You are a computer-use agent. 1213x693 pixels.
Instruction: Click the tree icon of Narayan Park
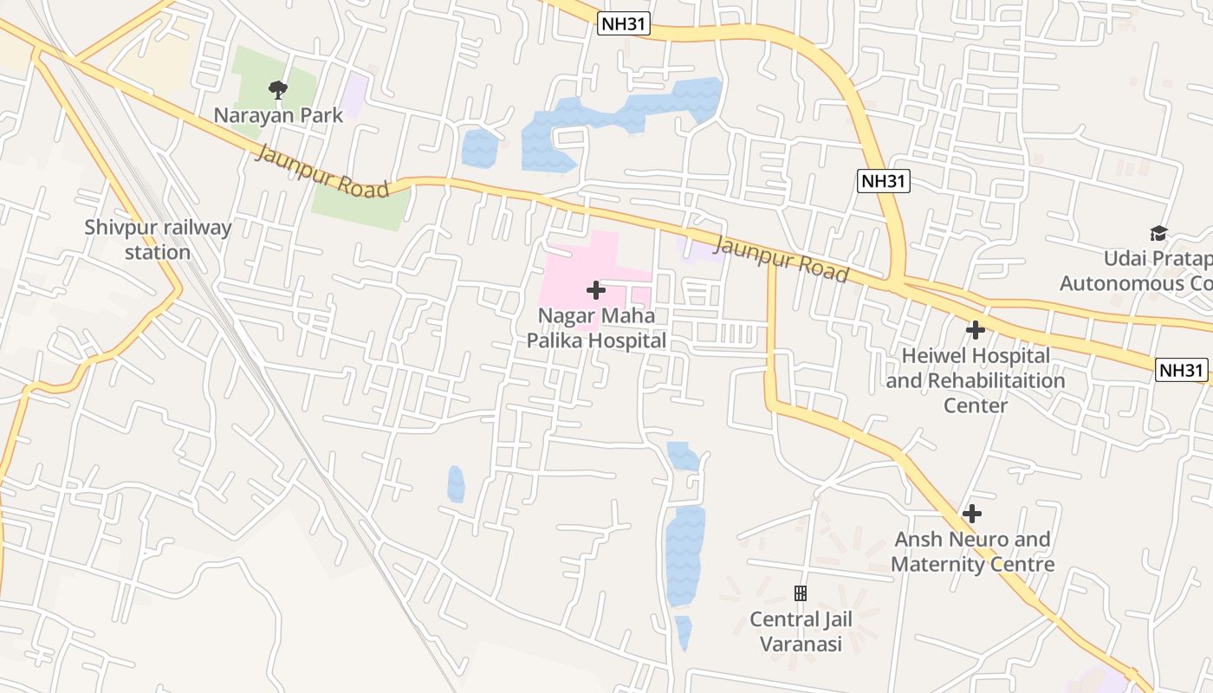[x=278, y=88]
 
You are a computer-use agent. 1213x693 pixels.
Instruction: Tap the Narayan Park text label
[x=278, y=115]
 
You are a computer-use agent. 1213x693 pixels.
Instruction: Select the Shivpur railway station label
[x=158, y=240]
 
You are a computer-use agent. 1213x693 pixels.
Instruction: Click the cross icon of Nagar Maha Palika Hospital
[x=596, y=290]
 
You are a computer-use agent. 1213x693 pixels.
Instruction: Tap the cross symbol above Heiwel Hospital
[x=976, y=330]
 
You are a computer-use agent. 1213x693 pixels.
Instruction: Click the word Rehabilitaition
[x=996, y=380]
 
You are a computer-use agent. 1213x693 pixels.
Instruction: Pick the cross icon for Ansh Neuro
[x=972, y=514]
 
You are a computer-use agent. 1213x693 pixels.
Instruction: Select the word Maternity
[x=940, y=565]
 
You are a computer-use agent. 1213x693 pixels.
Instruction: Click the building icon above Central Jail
[x=801, y=593]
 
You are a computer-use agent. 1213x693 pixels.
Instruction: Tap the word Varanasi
[x=801, y=644]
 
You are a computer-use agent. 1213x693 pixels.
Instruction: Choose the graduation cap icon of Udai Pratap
[x=1158, y=233]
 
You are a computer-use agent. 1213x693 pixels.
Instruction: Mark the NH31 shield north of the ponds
[x=624, y=24]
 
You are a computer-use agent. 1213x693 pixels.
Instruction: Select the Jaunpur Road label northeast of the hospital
[x=781, y=256]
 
